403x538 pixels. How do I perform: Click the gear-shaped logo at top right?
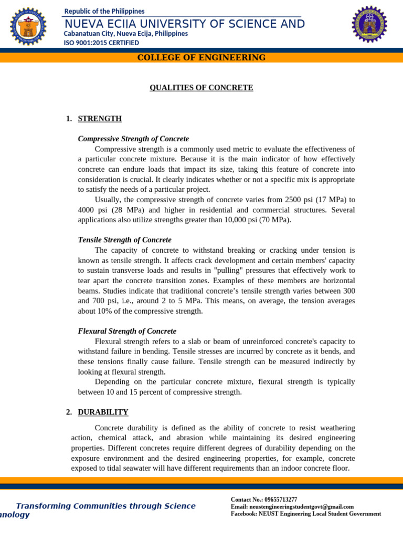(369, 24)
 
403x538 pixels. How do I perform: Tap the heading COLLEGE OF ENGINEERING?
(201, 58)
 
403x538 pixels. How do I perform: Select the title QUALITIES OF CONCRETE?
(201, 88)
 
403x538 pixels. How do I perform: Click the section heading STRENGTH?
(100, 119)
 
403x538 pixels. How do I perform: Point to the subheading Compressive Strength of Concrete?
(133, 139)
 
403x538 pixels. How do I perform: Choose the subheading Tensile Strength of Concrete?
(124, 240)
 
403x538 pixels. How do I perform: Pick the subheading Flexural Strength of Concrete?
(127, 331)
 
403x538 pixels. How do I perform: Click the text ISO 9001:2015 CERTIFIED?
(101, 43)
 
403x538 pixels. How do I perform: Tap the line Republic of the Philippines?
(104, 11)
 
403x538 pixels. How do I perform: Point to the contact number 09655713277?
(281, 499)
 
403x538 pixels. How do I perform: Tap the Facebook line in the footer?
(306, 514)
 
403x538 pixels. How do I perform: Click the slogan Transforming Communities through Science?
(105, 506)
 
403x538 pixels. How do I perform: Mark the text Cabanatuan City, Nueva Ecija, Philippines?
(126, 34)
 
